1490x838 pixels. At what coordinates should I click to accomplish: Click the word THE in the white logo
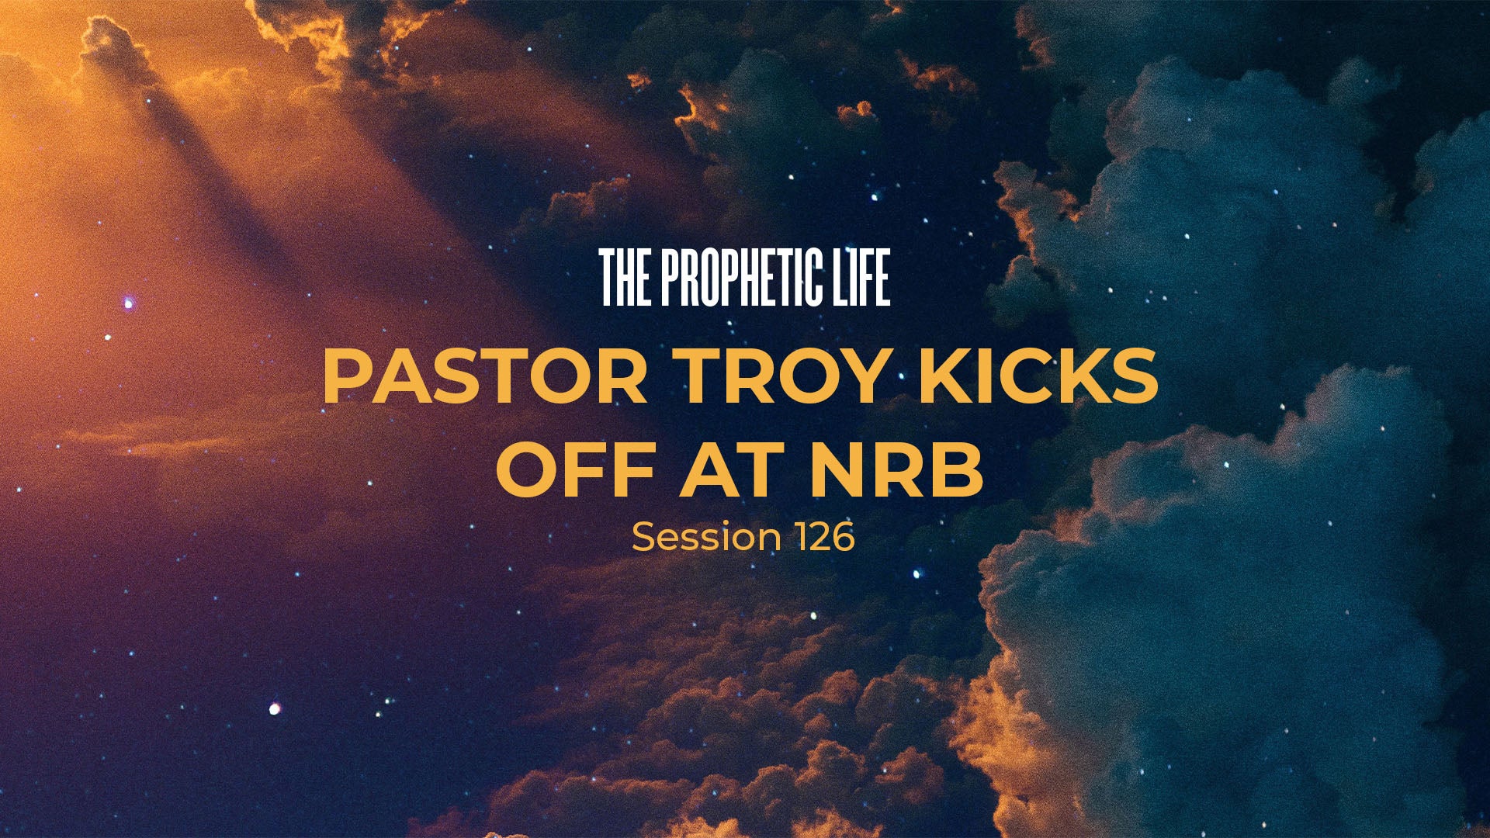coord(625,278)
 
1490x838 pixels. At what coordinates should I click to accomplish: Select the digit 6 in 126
coord(843,537)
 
